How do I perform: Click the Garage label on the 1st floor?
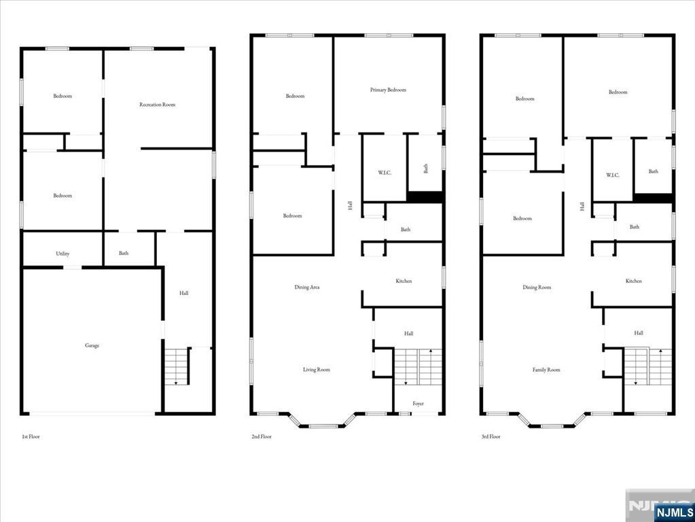pyautogui.click(x=92, y=345)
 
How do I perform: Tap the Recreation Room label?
pyautogui.click(x=157, y=105)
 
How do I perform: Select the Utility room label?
pyautogui.click(x=63, y=254)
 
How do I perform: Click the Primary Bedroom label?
pyautogui.click(x=388, y=90)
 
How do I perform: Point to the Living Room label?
pyautogui.click(x=317, y=370)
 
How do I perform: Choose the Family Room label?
pyautogui.click(x=546, y=370)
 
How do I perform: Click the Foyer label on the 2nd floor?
pyautogui.click(x=418, y=404)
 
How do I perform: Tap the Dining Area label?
pyautogui.click(x=307, y=288)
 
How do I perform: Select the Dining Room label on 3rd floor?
pyautogui.click(x=537, y=288)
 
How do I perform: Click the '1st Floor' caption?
pyautogui.click(x=31, y=436)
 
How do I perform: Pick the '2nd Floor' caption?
pyautogui.click(x=261, y=436)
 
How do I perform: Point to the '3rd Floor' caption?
pyautogui.click(x=491, y=436)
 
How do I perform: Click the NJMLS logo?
pyautogui.click(x=673, y=512)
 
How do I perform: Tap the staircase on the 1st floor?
pyautogui.click(x=177, y=366)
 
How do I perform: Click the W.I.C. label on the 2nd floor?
pyautogui.click(x=385, y=173)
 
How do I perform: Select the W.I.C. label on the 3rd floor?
pyautogui.click(x=612, y=175)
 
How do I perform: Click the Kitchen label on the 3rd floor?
pyautogui.click(x=633, y=281)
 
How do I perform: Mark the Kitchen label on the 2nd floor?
pyautogui.click(x=404, y=281)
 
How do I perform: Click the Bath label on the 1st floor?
pyautogui.click(x=124, y=254)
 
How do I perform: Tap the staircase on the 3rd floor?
pyautogui.click(x=647, y=367)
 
